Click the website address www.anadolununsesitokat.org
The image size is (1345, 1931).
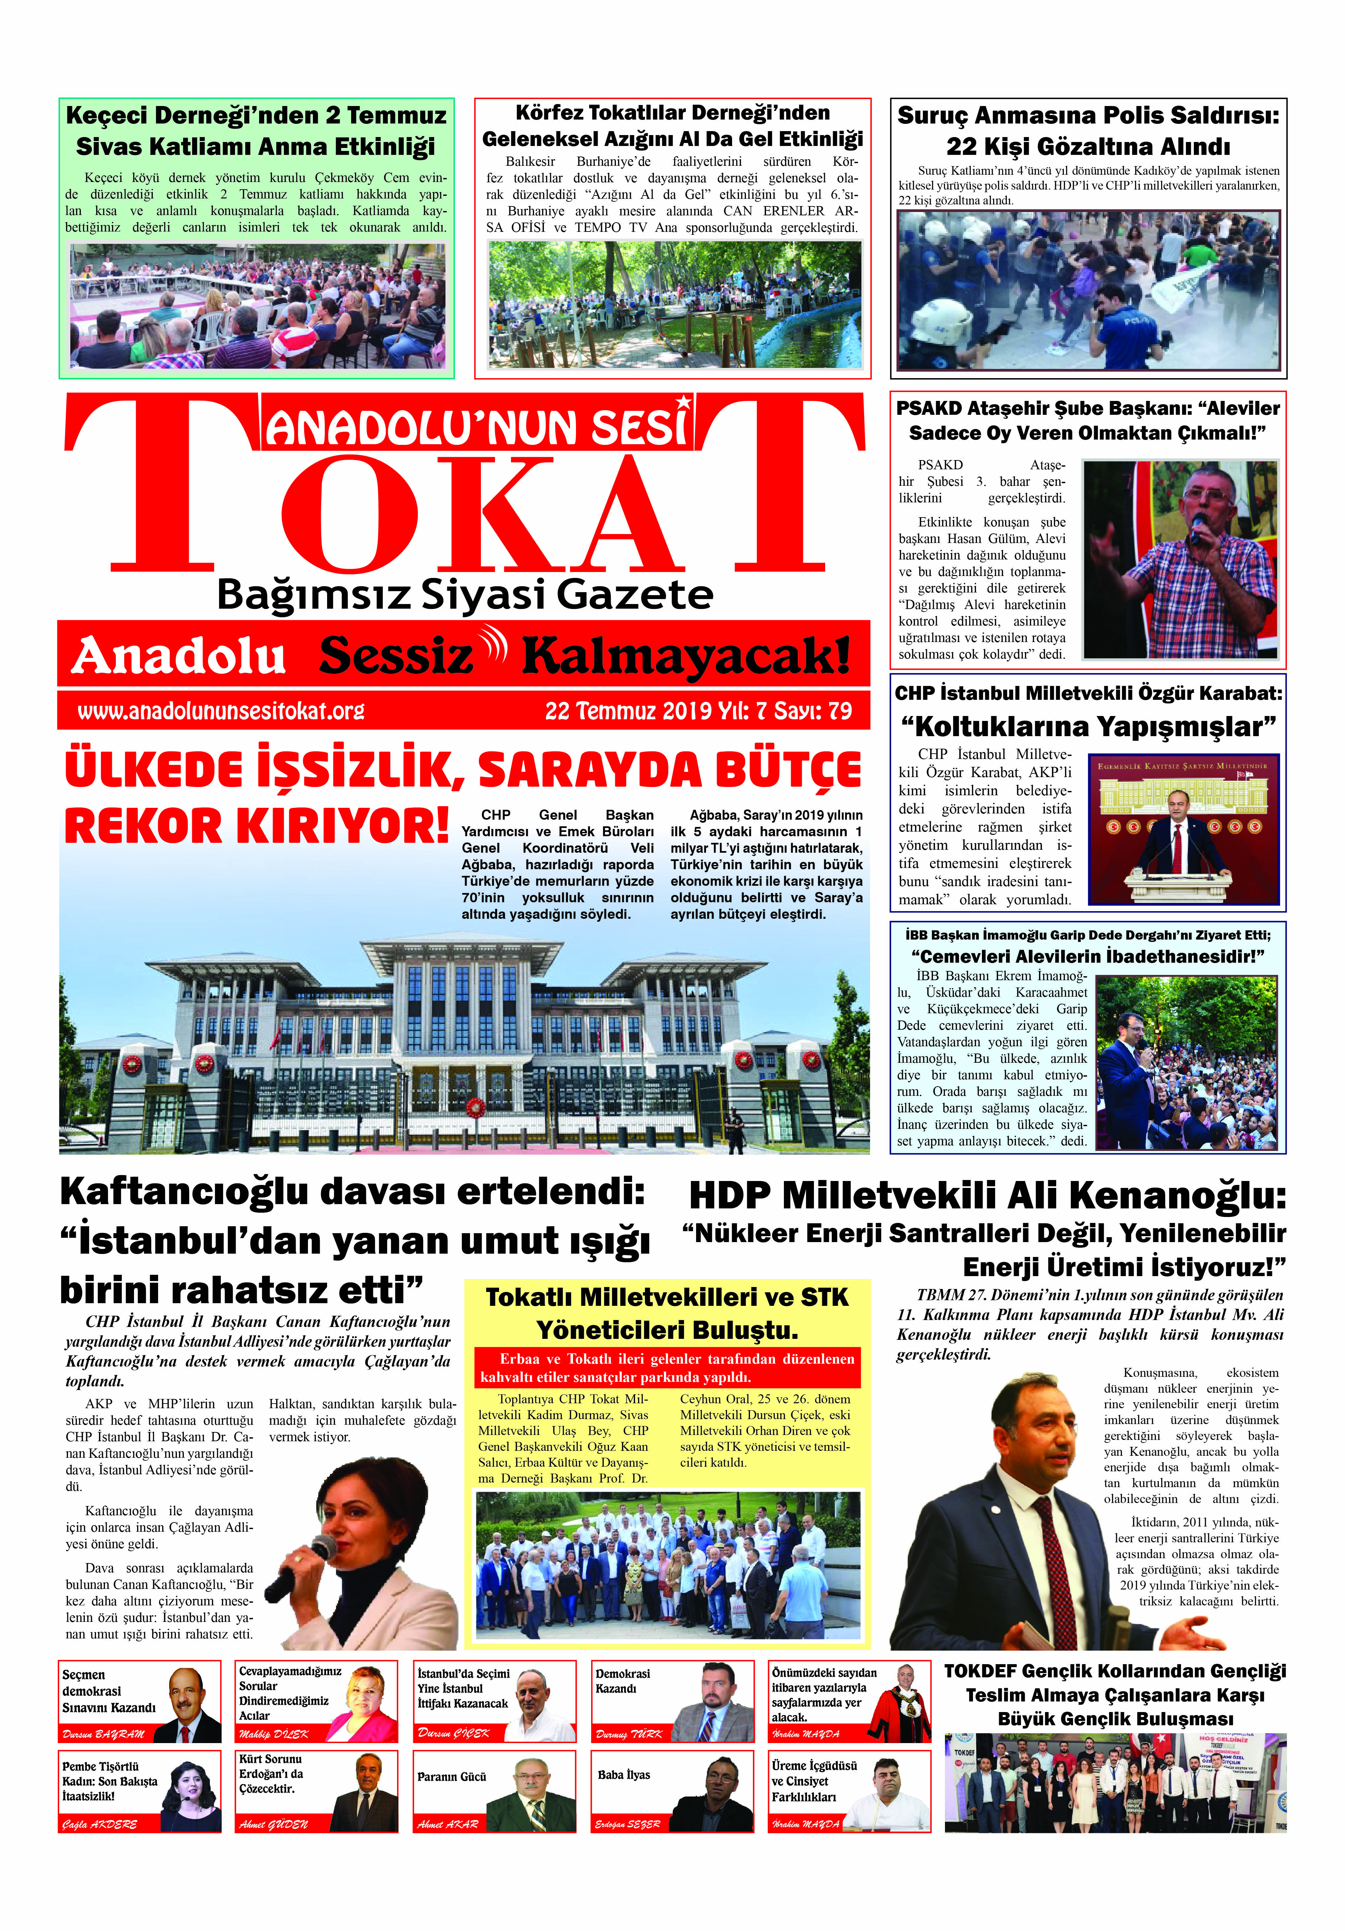220,711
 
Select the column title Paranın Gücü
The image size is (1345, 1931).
452,1777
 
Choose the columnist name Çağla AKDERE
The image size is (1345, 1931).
99,1824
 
